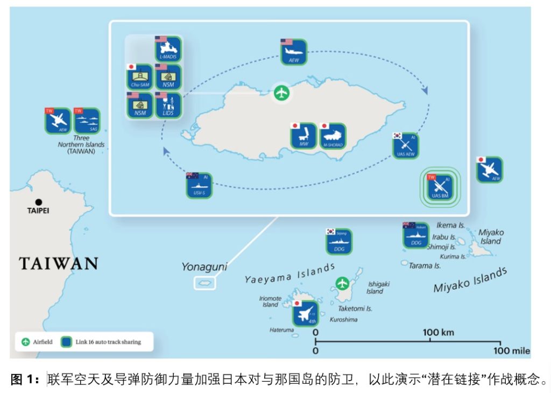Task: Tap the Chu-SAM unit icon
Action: (x=140, y=77)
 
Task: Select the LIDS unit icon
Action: (x=168, y=105)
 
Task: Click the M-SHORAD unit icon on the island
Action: (x=333, y=136)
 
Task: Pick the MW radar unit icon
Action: (x=303, y=136)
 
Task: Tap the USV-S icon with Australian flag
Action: (x=199, y=186)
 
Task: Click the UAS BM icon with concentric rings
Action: (x=440, y=187)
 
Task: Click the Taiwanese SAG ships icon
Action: (x=87, y=121)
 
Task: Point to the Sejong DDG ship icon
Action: (x=339, y=242)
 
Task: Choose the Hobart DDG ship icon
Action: (x=416, y=236)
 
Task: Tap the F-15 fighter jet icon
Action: (x=305, y=313)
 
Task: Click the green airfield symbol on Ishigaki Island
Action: (x=342, y=283)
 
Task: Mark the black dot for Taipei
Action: (x=38, y=202)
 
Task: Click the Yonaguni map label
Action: (x=204, y=266)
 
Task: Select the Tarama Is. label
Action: (x=425, y=265)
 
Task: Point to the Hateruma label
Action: (x=281, y=330)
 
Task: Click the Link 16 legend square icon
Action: (x=67, y=341)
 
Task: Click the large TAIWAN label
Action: (x=59, y=263)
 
